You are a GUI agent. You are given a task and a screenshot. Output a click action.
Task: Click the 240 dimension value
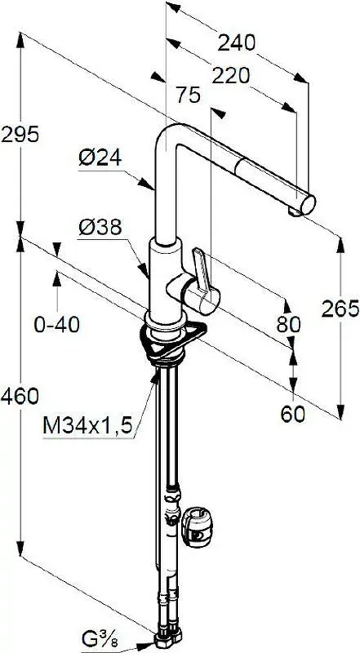point(236,42)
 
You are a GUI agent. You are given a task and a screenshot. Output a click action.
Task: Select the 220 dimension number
point(230,76)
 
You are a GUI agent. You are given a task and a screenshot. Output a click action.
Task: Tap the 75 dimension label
point(188,96)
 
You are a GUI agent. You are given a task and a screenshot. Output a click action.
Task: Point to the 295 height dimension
point(20,134)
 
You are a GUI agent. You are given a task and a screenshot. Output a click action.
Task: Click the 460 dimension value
point(20,396)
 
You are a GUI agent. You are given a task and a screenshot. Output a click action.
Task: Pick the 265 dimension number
point(340,309)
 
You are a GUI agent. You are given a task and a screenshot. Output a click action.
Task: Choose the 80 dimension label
point(289,324)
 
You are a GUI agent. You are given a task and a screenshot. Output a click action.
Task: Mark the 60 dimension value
point(292,414)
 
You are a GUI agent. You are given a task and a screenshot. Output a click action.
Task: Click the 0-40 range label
point(56,324)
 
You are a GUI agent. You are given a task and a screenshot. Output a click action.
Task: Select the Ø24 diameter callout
point(100,158)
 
